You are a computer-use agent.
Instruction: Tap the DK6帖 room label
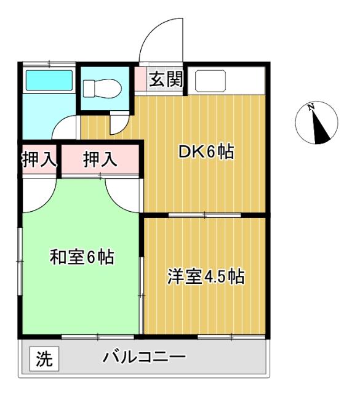(x=206, y=152)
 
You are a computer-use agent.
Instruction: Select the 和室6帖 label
(x=81, y=257)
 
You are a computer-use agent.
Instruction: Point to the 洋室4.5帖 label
(x=206, y=276)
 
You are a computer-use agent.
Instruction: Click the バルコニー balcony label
(x=144, y=357)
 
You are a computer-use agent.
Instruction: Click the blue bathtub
(x=48, y=80)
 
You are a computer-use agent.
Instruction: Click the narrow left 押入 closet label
(x=38, y=159)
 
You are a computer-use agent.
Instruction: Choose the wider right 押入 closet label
(x=100, y=159)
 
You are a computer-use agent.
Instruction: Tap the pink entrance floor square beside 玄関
(x=140, y=79)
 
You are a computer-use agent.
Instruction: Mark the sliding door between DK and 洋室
(x=205, y=215)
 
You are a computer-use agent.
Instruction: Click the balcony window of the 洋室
(x=232, y=337)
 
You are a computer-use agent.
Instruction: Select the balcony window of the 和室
(x=98, y=337)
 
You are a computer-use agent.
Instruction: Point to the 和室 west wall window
(x=20, y=262)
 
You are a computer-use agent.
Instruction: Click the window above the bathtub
(x=49, y=63)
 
